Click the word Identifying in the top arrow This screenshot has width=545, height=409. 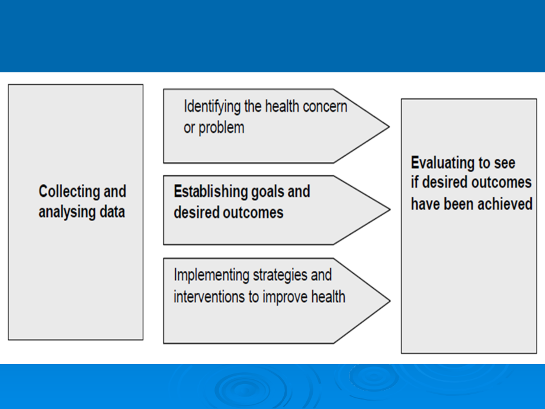tap(211, 107)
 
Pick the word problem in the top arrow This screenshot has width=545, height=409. tap(222, 128)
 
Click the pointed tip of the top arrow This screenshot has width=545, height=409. tap(389, 127)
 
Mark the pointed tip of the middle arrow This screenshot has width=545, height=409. tap(390, 210)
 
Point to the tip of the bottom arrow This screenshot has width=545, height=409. tap(390, 301)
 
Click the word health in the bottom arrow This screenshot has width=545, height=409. tap(328, 297)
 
